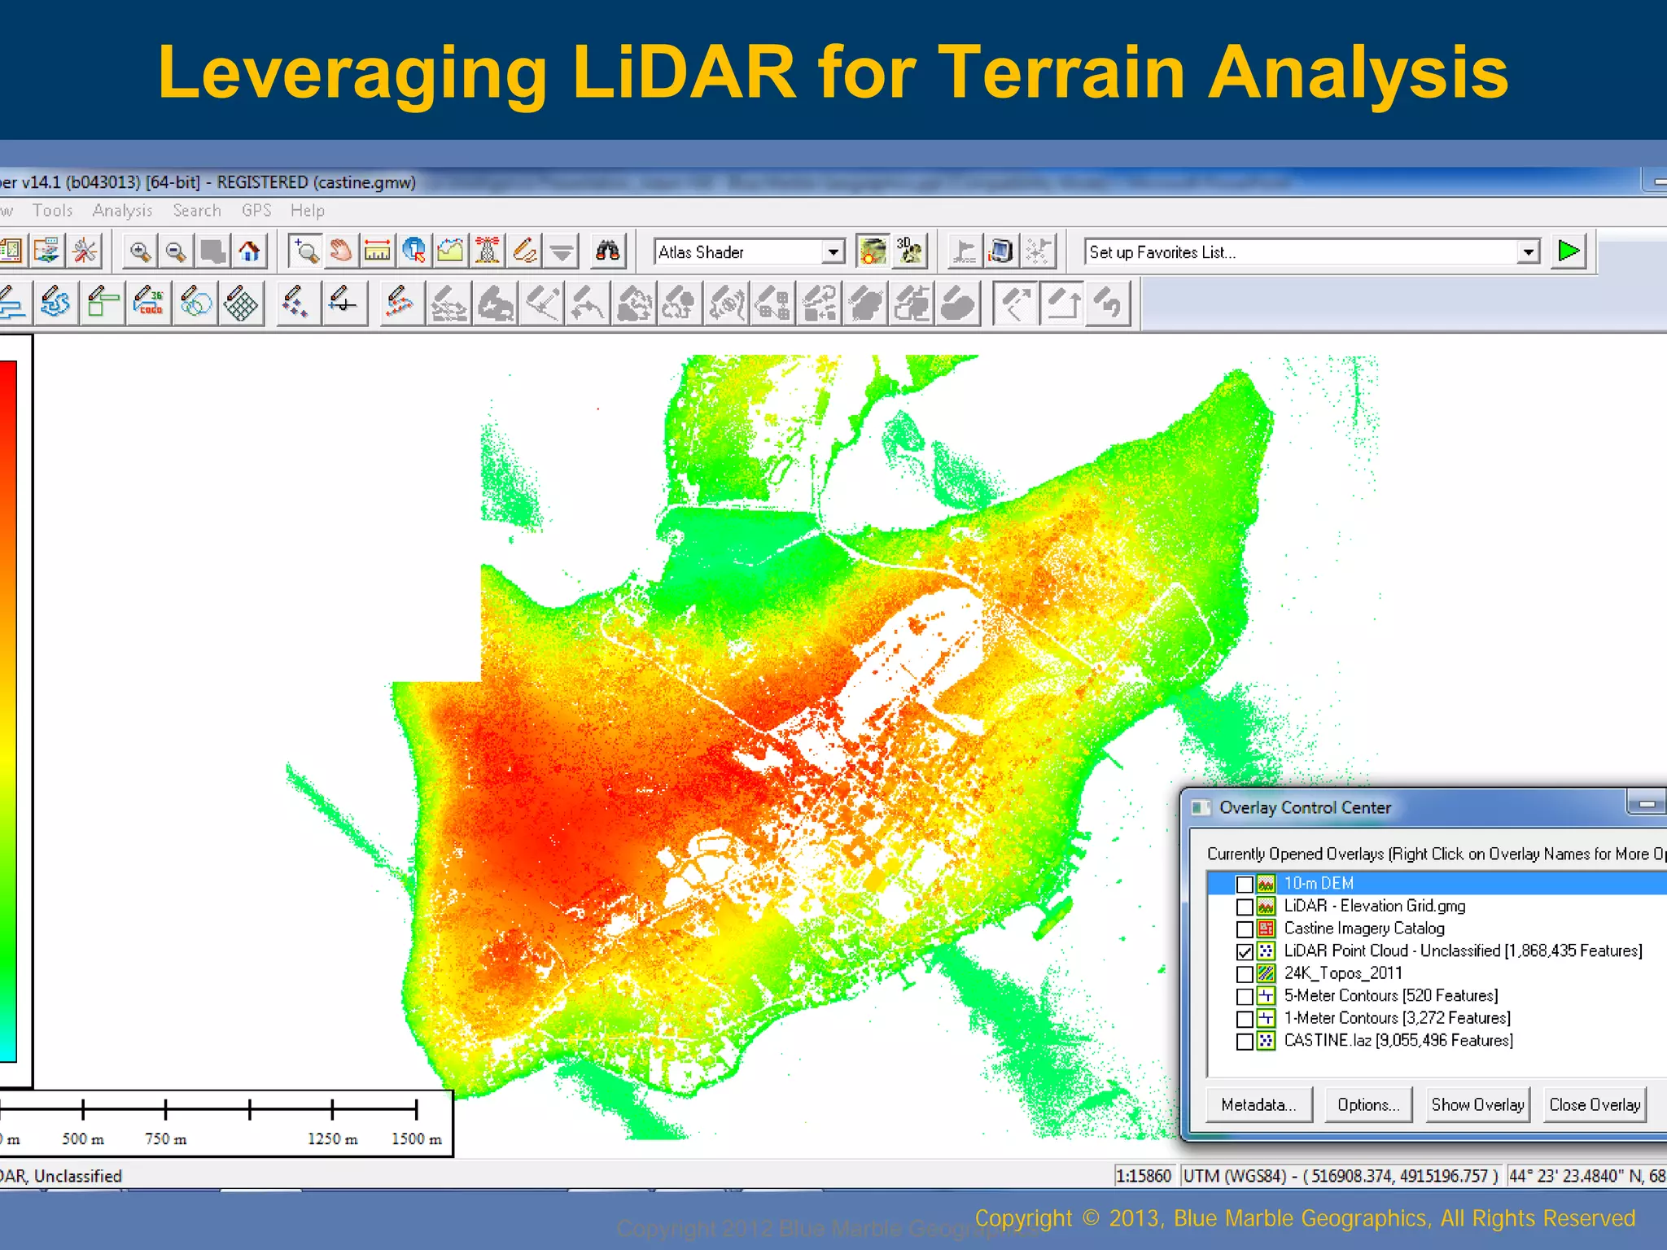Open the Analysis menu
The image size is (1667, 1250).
[122, 211]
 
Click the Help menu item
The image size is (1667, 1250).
[307, 211]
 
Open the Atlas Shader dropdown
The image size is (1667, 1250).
[833, 252]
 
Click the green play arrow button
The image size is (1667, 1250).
[1568, 251]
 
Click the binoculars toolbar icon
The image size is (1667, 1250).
[607, 251]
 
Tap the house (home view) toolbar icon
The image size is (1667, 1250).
[250, 251]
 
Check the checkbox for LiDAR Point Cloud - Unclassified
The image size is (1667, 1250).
[1244, 951]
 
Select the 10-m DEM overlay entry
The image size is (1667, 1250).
[1319, 884]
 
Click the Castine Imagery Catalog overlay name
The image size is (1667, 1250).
[1364, 929]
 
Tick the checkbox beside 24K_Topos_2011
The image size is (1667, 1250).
[1244, 974]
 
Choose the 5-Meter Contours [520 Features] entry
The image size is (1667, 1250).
[1390, 996]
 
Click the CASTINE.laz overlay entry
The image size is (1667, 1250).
[1398, 1041]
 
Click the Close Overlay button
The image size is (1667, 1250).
[1594, 1105]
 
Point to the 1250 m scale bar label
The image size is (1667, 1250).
[332, 1139]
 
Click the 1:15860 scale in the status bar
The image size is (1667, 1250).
[1143, 1176]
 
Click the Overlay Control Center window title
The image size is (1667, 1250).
[1305, 808]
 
